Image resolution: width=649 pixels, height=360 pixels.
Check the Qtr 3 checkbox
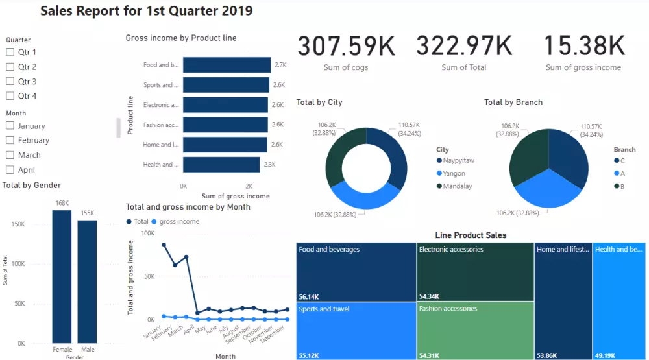(10, 82)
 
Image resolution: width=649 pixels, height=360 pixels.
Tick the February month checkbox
(10, 140)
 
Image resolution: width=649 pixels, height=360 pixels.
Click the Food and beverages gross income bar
(227, 65)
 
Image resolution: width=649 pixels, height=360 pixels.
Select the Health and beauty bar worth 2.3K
(221, 165)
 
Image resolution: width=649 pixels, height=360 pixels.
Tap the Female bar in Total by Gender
(62, 276)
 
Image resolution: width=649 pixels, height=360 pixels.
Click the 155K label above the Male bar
(88, 213)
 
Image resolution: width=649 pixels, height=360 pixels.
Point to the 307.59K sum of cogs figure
(346, 47)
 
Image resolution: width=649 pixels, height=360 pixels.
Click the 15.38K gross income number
(583, 47)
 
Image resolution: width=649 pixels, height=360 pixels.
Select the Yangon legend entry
(455, 173)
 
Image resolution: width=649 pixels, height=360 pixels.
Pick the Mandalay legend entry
(458, 186)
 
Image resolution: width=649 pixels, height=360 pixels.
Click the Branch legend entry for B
(621, 186)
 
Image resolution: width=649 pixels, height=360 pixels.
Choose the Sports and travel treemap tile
(356, 330)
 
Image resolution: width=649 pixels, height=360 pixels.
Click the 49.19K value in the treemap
(606, 355)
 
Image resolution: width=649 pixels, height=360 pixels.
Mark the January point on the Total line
(164, 245)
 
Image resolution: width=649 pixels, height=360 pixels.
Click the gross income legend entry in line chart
(179, 221)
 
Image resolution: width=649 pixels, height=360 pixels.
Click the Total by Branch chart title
(513, 102)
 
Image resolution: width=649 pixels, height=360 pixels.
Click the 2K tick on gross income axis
(249, 186)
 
